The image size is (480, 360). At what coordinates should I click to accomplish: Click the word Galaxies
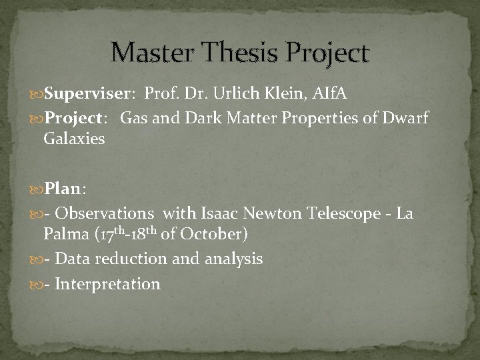point(74,139)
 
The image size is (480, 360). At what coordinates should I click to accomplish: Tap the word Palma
point(63,235)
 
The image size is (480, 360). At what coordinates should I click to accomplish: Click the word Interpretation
point(107,284)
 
